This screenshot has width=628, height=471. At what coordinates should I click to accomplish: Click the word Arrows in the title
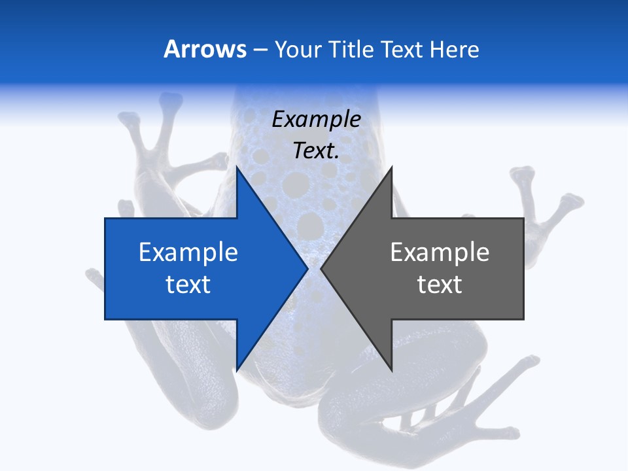205,49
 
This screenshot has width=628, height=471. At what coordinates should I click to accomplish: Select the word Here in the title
454,49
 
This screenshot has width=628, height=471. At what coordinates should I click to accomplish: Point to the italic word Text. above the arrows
316,151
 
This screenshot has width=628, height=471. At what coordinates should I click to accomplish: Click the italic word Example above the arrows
316,120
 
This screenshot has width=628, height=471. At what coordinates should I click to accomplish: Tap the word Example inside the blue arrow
188,252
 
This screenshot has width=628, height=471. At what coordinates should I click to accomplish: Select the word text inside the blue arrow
188,285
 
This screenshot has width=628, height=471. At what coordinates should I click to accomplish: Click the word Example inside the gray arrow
440,252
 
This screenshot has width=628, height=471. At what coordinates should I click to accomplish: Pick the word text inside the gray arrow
440,285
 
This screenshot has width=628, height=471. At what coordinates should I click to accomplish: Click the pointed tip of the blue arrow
307,269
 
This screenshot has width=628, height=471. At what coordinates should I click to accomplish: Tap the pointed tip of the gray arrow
321,269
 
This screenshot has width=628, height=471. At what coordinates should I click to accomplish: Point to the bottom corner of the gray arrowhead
391,370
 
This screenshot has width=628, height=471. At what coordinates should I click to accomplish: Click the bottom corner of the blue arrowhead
237,370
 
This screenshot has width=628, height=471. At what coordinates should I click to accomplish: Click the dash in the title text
260,50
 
